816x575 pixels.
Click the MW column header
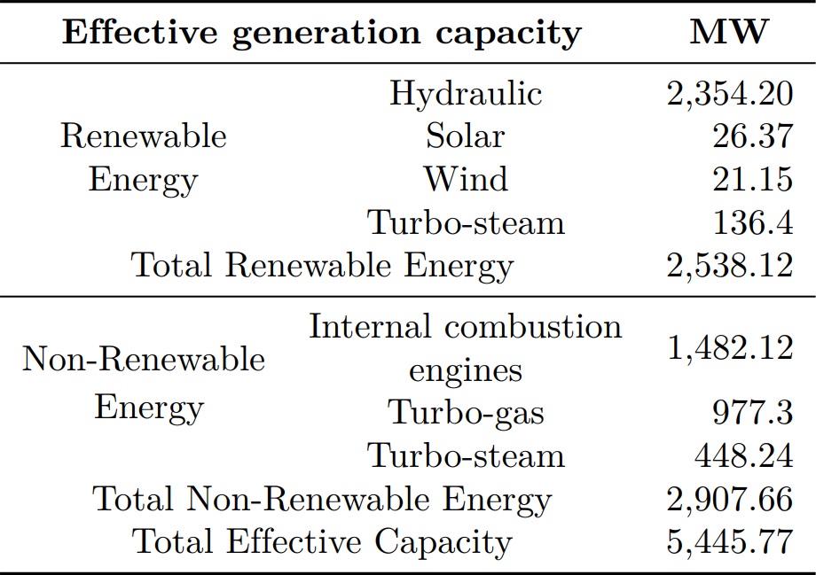pos(729,33)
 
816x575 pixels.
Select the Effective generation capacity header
pos(323,33)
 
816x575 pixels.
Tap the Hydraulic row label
pos(465,93)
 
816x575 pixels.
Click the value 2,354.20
pos(729,93)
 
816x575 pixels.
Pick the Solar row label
pos(465,136)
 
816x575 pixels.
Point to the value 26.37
pos(752,136)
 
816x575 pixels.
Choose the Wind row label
pos(465,179)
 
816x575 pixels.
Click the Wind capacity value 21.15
pos(752,179)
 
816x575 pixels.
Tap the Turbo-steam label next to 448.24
pos(466,455)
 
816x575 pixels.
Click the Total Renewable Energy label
pos(322,265)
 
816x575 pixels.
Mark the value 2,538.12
pos(729,265)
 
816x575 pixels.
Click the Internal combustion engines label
pos(465,348)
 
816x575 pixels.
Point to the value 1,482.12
pos(729,347)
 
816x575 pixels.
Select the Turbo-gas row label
pos(465,412)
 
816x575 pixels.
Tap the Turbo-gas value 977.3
pos(752,412)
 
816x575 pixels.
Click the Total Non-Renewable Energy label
pos(322,499)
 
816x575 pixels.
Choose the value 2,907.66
pos(729,499)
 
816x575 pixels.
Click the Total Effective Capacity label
pos(322,541)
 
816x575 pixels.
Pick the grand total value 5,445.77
pos(729,541)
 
